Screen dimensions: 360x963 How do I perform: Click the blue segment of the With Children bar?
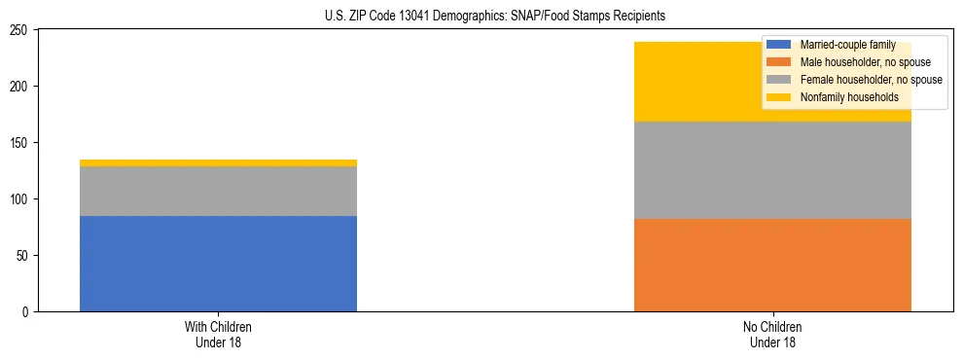coord(218,264)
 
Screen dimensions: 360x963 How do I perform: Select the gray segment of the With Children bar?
coord(218,191)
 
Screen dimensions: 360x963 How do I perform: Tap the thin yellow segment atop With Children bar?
coord(218,162)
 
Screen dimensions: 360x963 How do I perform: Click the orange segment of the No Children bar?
coord(772,265)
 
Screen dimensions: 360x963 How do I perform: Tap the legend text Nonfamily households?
coord(848,97)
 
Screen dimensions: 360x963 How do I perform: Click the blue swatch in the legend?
coord(779,45)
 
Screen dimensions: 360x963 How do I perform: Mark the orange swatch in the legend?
coord(779,62)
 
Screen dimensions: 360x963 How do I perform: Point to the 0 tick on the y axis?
coord(27,312)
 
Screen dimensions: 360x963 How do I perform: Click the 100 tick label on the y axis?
coord(21,199)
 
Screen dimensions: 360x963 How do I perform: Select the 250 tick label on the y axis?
coord(21,30)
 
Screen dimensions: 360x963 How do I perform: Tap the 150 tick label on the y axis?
coord(21,143)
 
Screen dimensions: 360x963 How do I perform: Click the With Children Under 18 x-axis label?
coord(218,335)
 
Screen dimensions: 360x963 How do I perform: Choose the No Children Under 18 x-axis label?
coord(772,335)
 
